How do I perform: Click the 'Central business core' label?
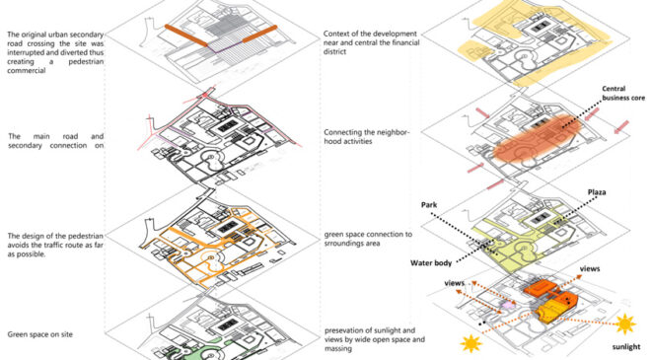(623, 94)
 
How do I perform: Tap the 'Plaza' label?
(597, 192)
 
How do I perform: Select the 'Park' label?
(429, 205)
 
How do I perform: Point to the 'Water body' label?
(431, 262)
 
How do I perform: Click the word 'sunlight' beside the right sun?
(626, 347)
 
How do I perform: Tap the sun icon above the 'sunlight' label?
(624, 324)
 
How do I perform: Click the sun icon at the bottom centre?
(471, 344)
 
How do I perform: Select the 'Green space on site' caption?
(39, 334)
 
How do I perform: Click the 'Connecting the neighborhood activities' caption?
(367, 137)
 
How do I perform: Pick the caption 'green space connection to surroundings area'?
(368, 239)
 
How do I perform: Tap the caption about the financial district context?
(372, 42)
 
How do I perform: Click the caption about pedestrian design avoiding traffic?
(55, 245)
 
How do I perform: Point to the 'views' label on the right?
(590, 269)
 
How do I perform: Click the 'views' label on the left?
(454, 283)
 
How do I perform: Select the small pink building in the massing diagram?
(507, 305)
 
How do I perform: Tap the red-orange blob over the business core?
(538, 137)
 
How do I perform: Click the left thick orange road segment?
(186, 36)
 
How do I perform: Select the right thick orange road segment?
(259, 34)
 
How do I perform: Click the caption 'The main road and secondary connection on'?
(56, 141)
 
